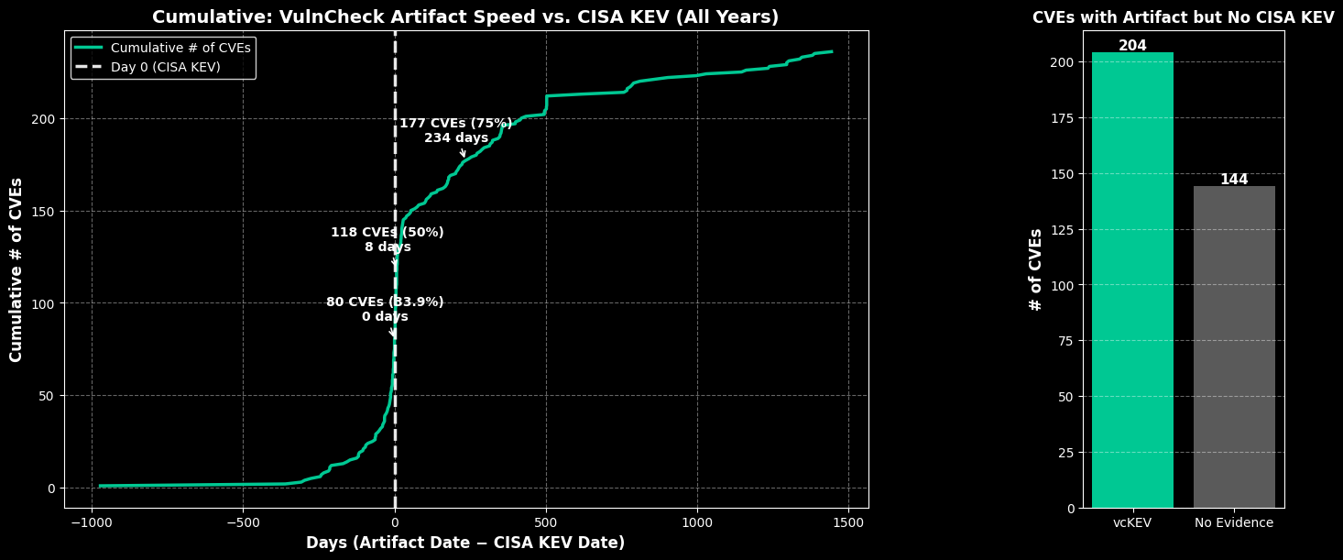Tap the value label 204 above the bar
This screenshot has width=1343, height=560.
pyautogui.click(x=1132, y=46)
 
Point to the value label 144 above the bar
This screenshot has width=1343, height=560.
pyautogui.click(x=1234, y=180)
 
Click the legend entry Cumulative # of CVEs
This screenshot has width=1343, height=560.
pyautogui.click(x=180, y=48)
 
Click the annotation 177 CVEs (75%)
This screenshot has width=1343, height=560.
pyautogui.click(x=455, y=124)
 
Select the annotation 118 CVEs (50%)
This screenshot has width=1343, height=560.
pyautogui.click(x=388, y=233)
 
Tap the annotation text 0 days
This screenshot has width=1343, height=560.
pyautogui.click(x=385, y=317)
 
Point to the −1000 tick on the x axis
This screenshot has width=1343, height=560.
pyautogui.click(x=92, y=522)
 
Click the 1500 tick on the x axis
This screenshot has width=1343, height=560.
pyautogui.click(x=848, y=522)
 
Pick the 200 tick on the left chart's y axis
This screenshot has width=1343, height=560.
pyautogui.click(x=45, y=119)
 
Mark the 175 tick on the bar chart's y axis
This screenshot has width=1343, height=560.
pyautogui.click(x=1063, y=118)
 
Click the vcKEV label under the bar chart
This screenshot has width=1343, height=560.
pyautogui.click(x=1132, y=522)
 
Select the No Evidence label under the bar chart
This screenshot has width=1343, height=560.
pyautogui.click(x=1234, y=522)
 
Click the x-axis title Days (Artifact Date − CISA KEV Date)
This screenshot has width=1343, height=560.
pyautogui.click(x=465, y=543)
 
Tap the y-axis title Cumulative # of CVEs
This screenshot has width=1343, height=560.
pyautogui.click(x=16, y=269)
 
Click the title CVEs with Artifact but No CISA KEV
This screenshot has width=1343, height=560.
pyautogui.click(x=1183, y=18)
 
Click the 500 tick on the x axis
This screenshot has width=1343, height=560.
pyautogui.click(x=546, y=522)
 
